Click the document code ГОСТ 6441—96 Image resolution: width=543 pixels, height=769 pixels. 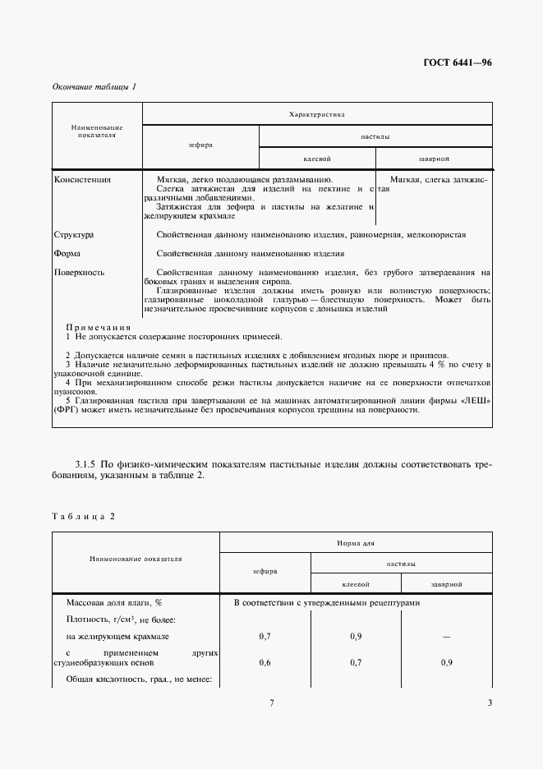[x=458, y=63]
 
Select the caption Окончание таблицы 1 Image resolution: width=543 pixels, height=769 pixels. [x=94, y=86]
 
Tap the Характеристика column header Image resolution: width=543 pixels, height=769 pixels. [x=317, y=114]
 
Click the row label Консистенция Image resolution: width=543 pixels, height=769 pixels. [x=82, y=178]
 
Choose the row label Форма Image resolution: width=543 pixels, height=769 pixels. [x=67, y=253]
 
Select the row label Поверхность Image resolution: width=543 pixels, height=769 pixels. [x=79, y=272]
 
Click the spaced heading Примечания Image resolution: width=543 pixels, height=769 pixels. [x=98, y=326]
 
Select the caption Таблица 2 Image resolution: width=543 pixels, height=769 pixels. [x=84, y=516]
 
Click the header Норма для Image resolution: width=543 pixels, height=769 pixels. [x=355, y=543]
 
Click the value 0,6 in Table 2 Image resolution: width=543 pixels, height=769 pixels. [x=265, y=662]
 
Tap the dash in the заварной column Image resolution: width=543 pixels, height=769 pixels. [x=445, y=637]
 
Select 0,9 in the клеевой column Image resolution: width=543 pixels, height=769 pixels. [x=355, y=637]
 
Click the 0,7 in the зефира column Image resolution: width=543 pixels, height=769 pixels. [x=265, y=637]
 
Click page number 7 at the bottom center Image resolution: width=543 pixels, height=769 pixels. [x=271, y=702]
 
